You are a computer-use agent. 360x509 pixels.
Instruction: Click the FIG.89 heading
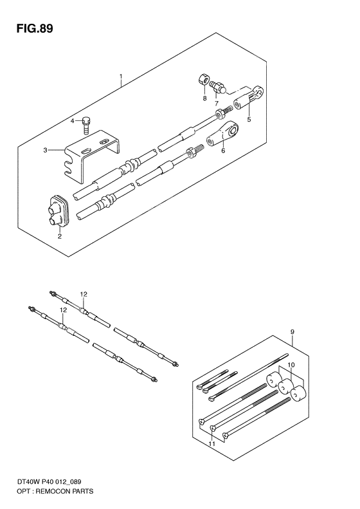(35, 29)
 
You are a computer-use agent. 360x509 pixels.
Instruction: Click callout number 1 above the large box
(121, 77)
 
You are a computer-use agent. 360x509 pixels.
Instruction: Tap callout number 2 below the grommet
(60, 236)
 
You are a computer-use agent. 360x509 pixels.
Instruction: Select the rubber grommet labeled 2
(58, 211)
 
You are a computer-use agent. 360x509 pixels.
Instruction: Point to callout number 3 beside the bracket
(46, 150)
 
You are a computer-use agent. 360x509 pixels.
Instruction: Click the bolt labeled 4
(86, 127)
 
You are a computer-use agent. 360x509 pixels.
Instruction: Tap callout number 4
(73, 121)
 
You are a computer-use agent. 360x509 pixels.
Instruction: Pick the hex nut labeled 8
(203, 80)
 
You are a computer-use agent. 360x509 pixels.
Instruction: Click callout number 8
(204, 98)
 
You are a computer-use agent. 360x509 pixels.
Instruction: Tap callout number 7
(217, 103)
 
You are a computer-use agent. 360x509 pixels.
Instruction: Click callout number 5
(249, 119)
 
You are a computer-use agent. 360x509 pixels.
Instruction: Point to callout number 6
(223, 151)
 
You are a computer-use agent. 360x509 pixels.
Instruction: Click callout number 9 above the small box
(292, 332)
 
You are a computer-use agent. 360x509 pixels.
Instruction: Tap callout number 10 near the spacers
(291, 366)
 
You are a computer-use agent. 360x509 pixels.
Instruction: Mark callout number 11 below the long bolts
(212, 443)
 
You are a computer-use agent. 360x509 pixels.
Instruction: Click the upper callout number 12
(84, 295)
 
